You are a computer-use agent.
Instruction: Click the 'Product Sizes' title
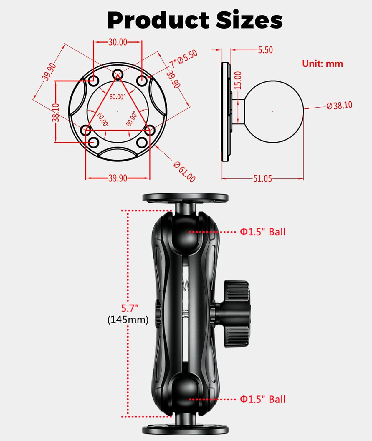[x=195, y=20]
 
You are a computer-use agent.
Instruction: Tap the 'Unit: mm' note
[x=323, y=64]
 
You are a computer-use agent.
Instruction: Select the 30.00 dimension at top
[x=118, y=42]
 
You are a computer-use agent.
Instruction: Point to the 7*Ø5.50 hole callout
[x=183, y=59]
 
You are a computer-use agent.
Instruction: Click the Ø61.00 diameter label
[x=184, y=172]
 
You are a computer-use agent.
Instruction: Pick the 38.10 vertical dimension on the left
[x=56, y=112]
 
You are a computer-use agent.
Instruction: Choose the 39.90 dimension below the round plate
[x=118, y=178]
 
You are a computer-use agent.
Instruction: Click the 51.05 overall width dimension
[x=262, y=178]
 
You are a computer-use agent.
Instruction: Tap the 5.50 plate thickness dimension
[x=265, y=50]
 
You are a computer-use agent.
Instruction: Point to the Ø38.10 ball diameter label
[x=339, y=105]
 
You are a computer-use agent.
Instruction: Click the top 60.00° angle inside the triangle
[x=118, y=96]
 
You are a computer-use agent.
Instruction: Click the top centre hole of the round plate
[x=118, y=73]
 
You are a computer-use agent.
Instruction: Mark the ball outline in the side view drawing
[x=274, y=112]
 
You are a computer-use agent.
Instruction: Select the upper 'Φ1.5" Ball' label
[x=263, y=232]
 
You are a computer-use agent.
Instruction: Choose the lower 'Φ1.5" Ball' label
[x=263, y=399]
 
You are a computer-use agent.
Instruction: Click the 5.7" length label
[x=130, y=308]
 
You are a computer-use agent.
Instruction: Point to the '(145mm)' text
[x=128, y=320]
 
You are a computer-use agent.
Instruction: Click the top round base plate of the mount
[x=185, y=197]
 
